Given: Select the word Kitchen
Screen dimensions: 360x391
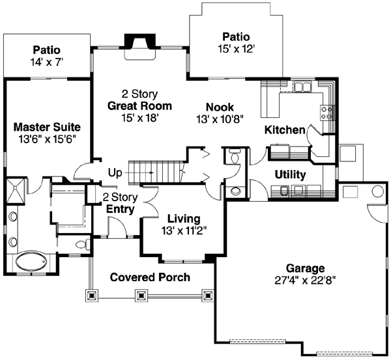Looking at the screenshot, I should [x=285, y=130].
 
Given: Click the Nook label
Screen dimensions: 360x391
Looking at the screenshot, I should [x=220, y=107].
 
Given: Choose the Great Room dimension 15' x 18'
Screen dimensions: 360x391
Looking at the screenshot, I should [x=139, y=118].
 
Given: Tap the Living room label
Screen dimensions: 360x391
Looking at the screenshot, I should [x=183, y=219].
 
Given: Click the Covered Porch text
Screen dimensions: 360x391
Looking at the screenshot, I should [x=150, y=277].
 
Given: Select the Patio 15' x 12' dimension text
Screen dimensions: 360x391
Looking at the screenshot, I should [x=235, y=48].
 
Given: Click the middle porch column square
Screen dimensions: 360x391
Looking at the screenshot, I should [x=141, y=295].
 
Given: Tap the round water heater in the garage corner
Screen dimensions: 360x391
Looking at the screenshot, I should [x=378, y=192].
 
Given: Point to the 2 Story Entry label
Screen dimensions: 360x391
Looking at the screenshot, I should [x=119, y=203].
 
